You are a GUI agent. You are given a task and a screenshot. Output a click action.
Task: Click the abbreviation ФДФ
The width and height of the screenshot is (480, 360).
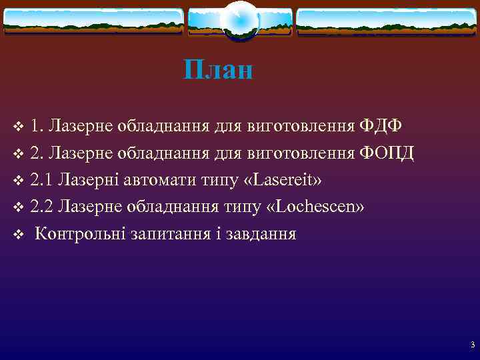coord(381,125)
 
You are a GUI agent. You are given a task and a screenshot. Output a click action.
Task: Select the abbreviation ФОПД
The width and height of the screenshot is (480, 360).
coord(387,153)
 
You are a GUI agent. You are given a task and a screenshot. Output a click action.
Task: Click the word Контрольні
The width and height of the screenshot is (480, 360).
coord(77,234)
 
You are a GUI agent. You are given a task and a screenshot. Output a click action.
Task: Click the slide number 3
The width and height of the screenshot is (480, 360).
coord(472,345)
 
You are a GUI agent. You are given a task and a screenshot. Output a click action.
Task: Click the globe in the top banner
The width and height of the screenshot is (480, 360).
coord(239,20)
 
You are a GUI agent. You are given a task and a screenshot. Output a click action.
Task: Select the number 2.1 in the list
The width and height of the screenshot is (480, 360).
coord(42,180)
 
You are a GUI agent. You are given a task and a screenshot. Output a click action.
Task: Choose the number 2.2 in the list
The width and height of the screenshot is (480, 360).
coord(42,207)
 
